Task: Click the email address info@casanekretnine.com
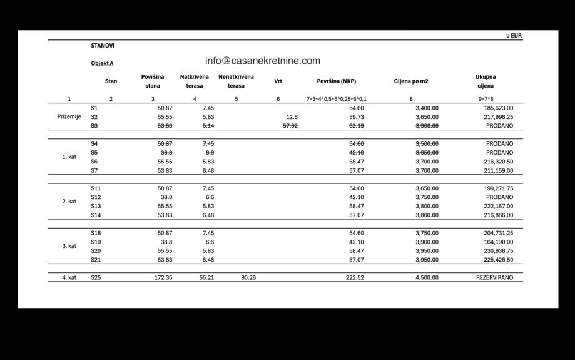click(x=262, y=61)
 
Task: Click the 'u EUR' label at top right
click(x=514, y=36)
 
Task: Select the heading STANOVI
click(x=103, y=46)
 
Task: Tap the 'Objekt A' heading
click(x=102, y=63)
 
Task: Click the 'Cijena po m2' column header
click(x=411, y=81)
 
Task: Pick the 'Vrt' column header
click(x=278, y=81)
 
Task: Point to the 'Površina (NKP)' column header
click(x=336, y=81)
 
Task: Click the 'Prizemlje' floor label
click(x=69, y=117)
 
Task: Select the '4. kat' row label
click(x=69, y=277)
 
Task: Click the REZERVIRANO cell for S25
click(x=494, y=277)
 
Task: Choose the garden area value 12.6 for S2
click(x=292, y=117)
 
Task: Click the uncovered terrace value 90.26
click(x=248, y=277)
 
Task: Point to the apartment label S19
click(x=96, y=242)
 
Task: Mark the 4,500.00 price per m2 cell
click(x=427, y=277)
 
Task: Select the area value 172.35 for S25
click(x=163, y=277)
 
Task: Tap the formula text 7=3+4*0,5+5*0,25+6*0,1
click(x=337, y=99)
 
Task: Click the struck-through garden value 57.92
click(x=290, y=126)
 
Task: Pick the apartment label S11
click(x=96, y=188)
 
